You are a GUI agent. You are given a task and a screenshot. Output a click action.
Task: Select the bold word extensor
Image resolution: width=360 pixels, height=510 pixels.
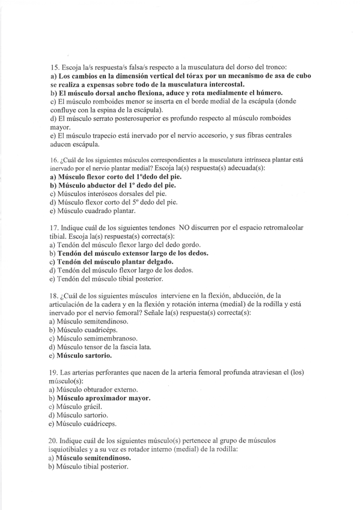[x=136, y=253]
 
